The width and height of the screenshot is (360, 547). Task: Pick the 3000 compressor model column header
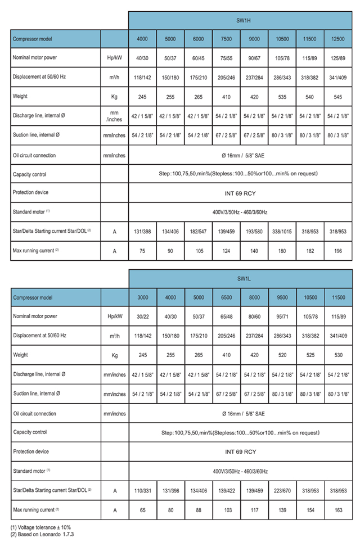coord(142,297)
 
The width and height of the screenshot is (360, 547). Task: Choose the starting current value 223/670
coord(282,490)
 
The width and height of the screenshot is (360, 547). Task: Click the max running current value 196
coord(338,251)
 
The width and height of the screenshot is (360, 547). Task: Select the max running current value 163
coord(338,510)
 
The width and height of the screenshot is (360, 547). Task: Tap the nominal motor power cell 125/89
coord(338,58)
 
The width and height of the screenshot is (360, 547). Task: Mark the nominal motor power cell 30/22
coord(142,316)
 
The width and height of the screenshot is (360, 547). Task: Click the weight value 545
coord(338,97)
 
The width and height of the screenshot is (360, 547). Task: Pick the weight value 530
coord(338,355)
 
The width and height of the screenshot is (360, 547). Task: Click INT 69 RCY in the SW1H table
coord(240,193)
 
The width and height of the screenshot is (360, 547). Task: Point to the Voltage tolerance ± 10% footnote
coord(40,527)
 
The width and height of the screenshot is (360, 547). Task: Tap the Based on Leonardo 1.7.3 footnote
coord(42,534)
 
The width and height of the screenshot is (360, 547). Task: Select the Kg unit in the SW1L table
coord(114,355)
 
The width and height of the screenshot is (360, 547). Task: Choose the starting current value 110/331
coord(142,490)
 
